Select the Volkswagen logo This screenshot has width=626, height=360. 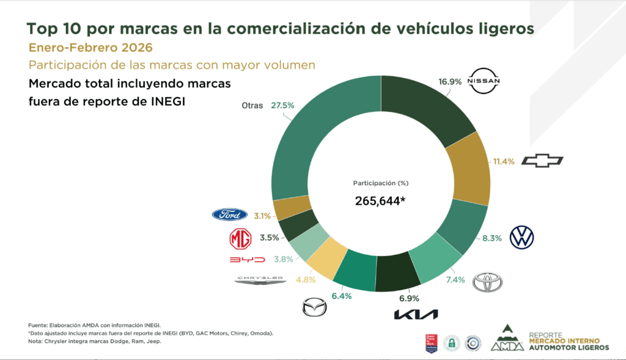tap(521, 237)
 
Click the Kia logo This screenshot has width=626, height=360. tap(416, 314)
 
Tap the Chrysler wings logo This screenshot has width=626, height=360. tap(260, 279)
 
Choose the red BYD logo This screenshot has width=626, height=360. tap(247, 260)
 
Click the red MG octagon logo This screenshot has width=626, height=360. tap(240, 239)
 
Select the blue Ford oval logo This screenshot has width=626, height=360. tap(230, 215)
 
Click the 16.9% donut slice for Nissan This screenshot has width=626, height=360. tap(428, 113)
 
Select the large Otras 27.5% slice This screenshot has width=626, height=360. tap(318, 141)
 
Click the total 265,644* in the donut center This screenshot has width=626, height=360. tap(380, 201)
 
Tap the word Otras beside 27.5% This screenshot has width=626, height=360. tap(252, 105)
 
